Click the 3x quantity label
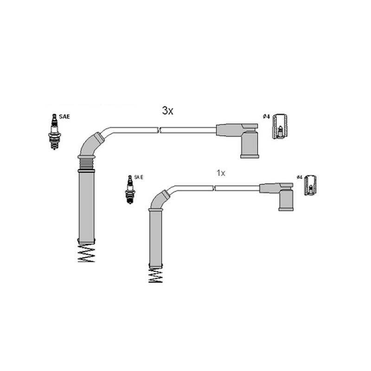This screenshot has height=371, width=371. point(167,110)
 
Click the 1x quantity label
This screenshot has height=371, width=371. point(221,173)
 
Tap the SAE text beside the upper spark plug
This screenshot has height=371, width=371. point(64,117)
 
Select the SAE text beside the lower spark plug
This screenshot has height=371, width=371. point(139,177)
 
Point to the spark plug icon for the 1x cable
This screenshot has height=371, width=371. point(130,190)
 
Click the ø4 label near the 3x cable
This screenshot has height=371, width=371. point(266,116)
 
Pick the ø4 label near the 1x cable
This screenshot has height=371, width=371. point(299,177)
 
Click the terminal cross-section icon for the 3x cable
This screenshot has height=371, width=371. point(280,126)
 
